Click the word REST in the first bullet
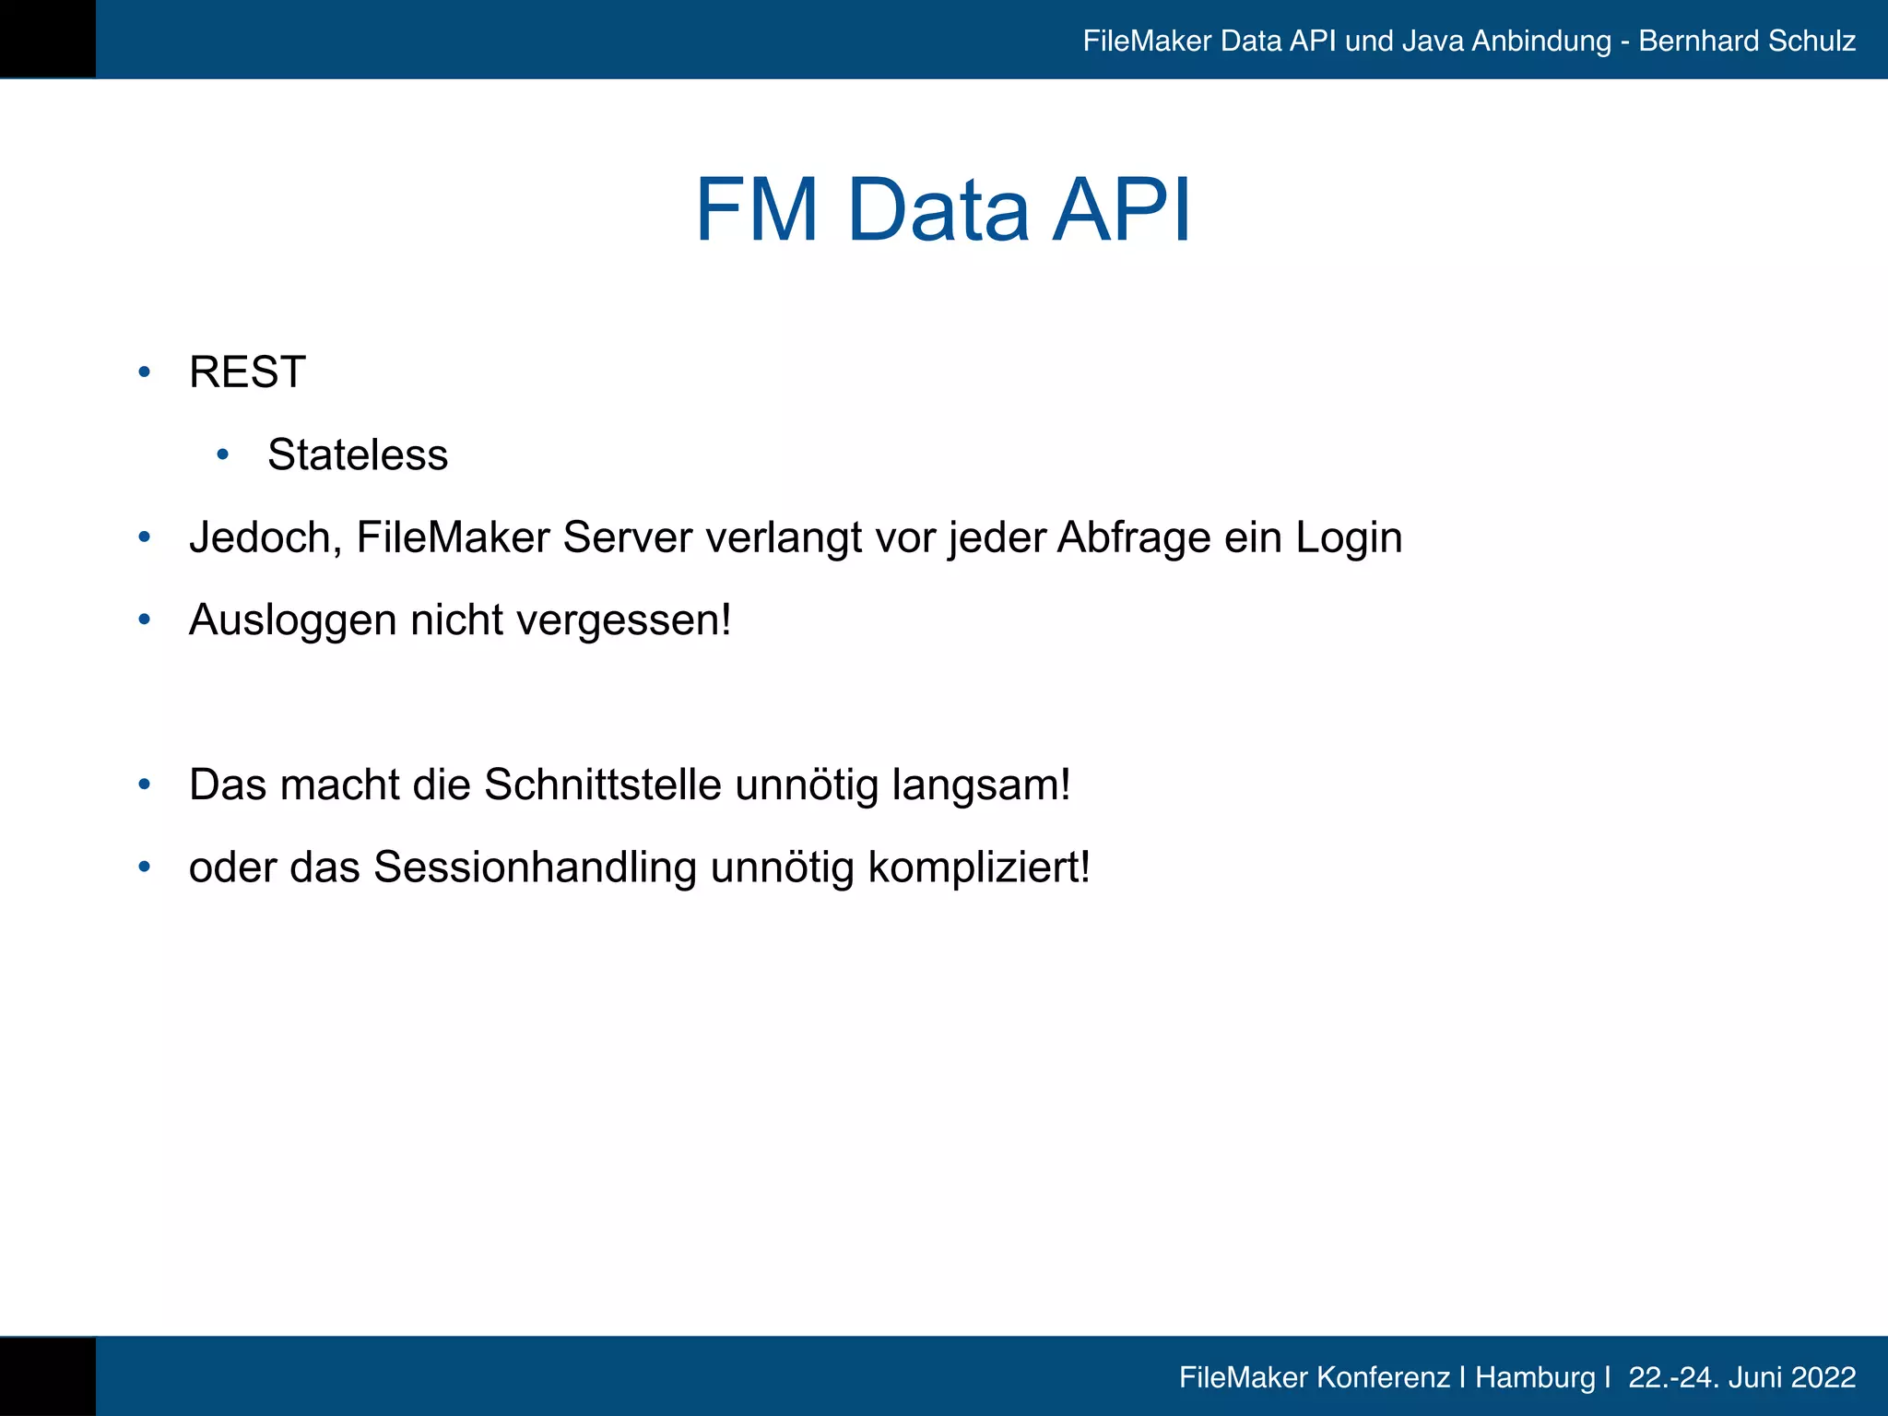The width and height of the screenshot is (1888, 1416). tap(247, 372)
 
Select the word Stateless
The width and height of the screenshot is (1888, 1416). tap(358, 454)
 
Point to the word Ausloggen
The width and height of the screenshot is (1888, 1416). tap(292, 620)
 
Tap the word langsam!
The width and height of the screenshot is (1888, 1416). tap(981, 785)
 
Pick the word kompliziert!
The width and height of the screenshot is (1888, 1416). tap(979, 867)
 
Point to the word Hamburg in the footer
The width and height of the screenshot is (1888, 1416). tap(1535, 1377)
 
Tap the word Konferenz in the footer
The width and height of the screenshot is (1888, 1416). tap(1383, 1377)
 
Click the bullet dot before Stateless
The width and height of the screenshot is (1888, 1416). tap(222, 454)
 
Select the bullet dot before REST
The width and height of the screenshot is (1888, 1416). tap(144, 372)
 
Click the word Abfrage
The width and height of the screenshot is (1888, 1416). tap(1134, 537)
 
